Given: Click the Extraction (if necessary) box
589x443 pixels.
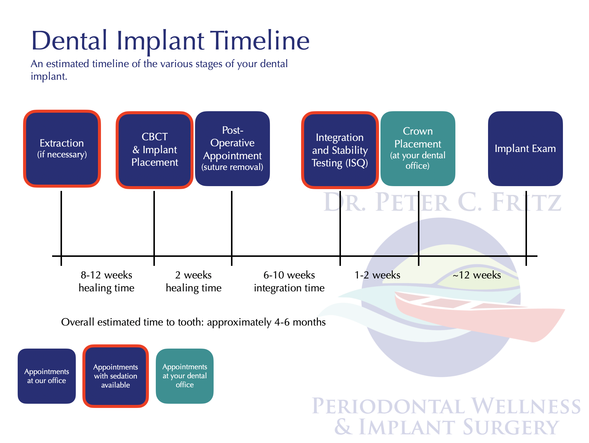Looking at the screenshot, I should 62,149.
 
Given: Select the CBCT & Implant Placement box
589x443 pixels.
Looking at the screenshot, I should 155,150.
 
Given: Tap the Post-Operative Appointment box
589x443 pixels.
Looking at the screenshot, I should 232,149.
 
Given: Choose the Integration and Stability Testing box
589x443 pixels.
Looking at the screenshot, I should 340,150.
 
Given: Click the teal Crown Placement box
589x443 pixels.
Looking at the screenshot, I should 418,149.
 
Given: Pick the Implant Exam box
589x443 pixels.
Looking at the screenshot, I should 525,149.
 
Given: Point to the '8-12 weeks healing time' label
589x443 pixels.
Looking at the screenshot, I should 106,281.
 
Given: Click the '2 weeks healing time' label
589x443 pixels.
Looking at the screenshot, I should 194,281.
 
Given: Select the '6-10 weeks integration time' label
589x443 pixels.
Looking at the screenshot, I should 289,281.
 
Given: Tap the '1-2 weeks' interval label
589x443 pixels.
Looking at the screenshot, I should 377,275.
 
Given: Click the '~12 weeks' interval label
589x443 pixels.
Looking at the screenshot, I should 477,275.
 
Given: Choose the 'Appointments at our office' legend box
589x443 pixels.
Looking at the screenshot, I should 47,376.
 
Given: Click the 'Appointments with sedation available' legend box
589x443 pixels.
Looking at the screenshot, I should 116,376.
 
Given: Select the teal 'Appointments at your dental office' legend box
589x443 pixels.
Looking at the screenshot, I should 185,376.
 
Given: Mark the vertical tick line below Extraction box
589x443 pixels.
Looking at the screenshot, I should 61,223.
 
